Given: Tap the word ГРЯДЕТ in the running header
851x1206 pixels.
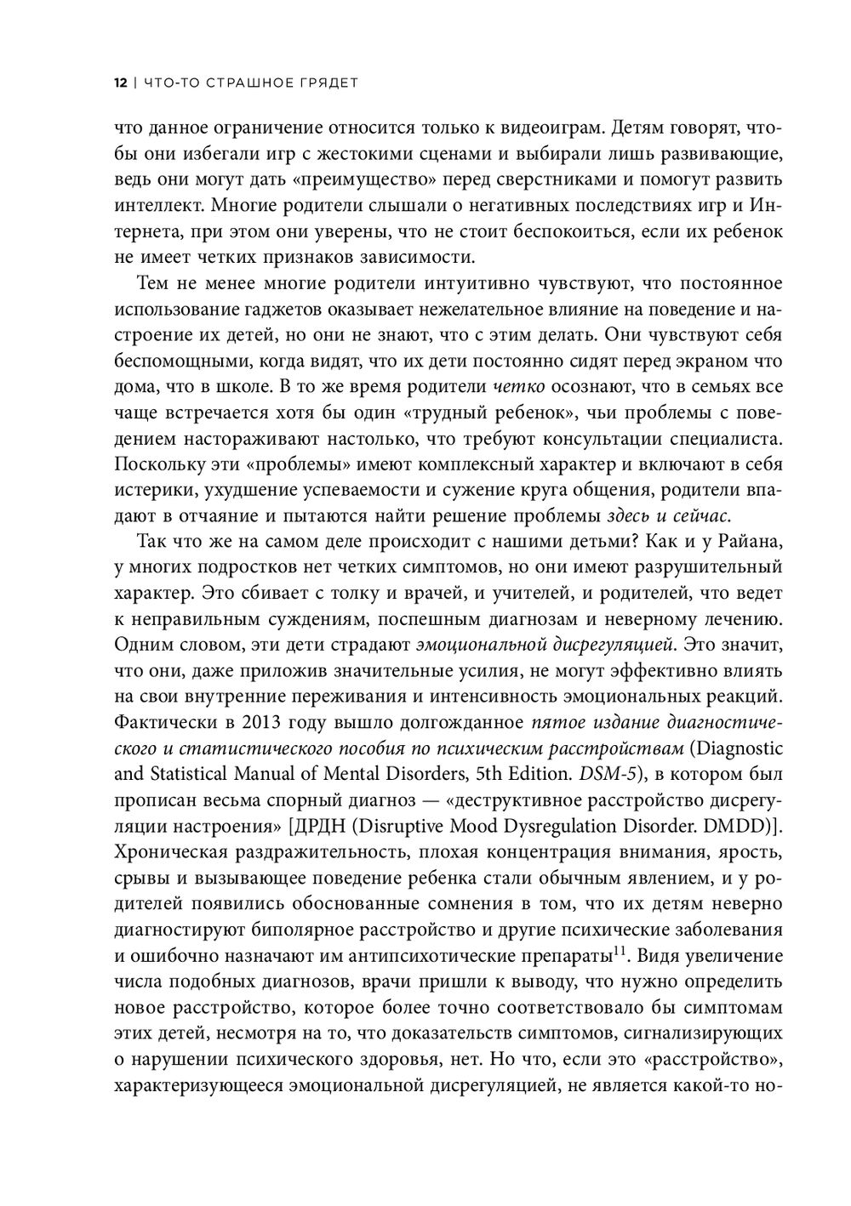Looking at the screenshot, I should tap(326, 83).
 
